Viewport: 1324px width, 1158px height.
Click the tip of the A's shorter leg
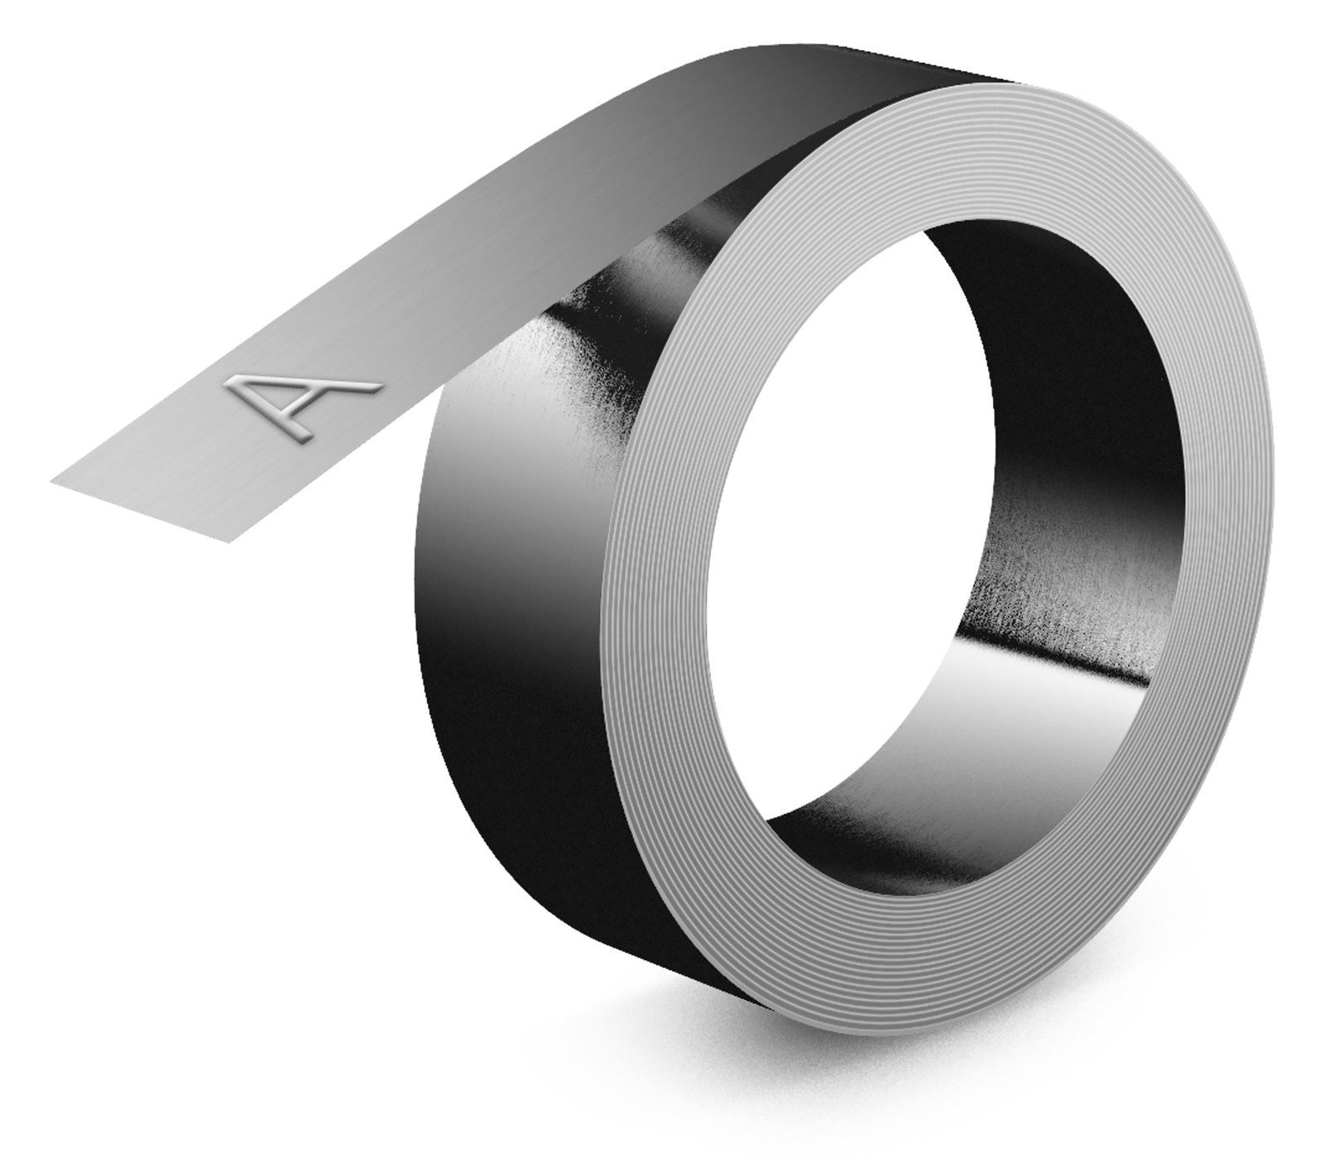308,435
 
